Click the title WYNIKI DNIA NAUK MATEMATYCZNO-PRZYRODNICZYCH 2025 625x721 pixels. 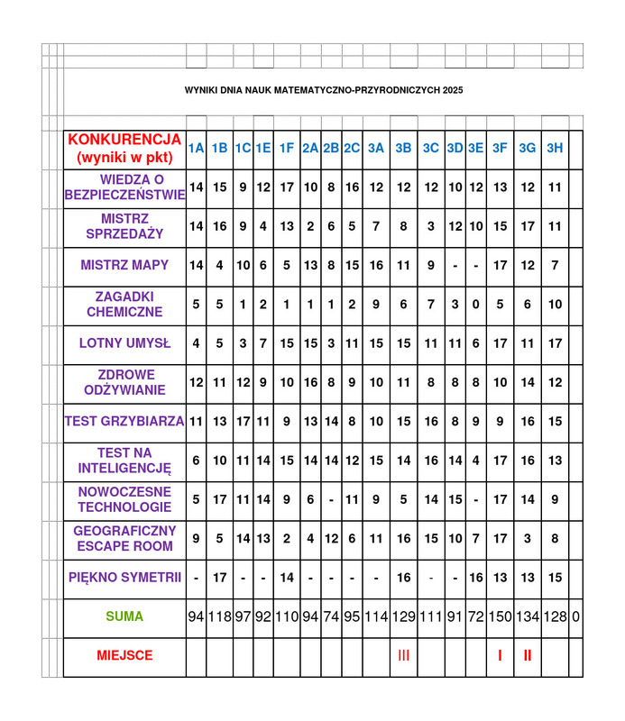tap(324, 91)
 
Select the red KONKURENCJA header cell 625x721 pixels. tap(124, 149)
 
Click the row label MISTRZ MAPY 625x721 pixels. tap(124, 266)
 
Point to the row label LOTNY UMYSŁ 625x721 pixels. tap(124, 343)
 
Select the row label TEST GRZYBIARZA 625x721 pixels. tap(124, 421)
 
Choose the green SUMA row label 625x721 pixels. tap(124, 617)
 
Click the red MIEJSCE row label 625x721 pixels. tap(124, 656)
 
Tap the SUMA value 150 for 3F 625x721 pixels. tap(500, 617)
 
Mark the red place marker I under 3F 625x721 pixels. tap(500, 656)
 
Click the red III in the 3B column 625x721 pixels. tap(403, 656)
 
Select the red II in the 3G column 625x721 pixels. tap(528, 656)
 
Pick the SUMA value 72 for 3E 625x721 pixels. tap(475, 617)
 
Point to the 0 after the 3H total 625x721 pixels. tap(575, 617)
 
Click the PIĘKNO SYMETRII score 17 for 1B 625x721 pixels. tap(219, 578)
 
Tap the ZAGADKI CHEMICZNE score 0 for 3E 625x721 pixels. tap(475, 305)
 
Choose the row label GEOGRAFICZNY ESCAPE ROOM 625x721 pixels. tap(124, 538)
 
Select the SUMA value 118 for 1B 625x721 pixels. tap(219, 617)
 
